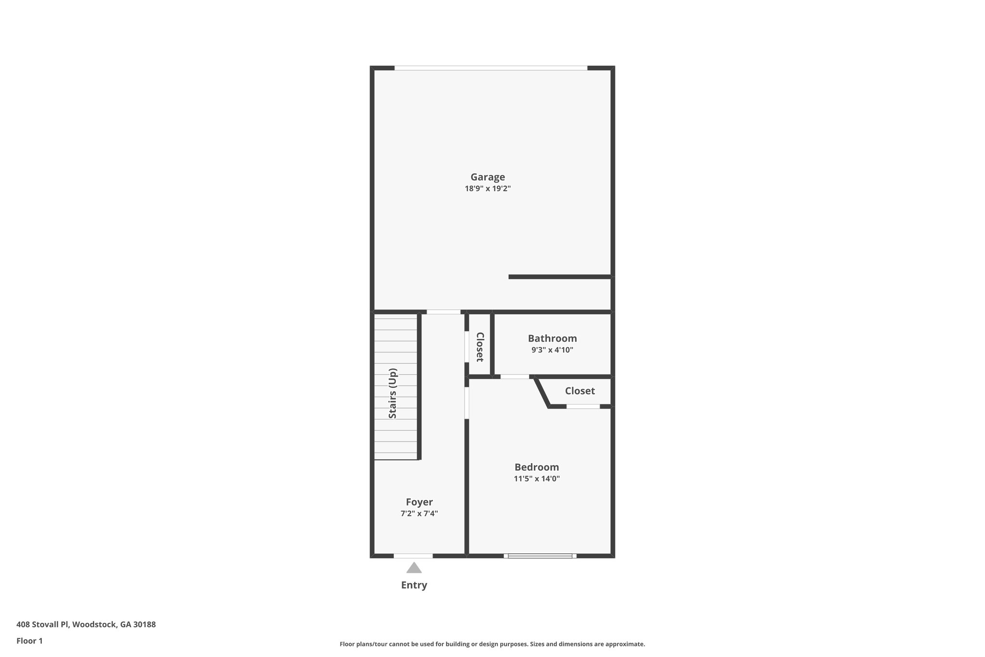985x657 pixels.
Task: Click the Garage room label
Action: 487,177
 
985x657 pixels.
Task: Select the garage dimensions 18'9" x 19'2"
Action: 487,189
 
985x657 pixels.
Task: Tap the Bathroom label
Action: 552,338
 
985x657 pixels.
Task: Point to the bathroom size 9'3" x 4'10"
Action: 552,350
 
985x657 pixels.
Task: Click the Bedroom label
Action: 536,467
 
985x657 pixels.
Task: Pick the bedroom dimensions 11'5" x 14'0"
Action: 536,478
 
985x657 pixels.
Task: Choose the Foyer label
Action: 419,502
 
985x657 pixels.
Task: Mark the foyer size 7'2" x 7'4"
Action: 419,514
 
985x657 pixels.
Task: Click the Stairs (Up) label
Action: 393,393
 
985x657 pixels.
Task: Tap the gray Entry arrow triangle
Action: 414,568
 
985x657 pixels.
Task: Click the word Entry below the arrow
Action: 414,585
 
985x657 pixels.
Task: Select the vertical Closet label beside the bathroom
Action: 480,347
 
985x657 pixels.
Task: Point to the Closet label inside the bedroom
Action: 580,391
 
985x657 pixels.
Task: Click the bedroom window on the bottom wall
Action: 540,556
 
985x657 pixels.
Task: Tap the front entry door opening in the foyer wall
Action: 413,556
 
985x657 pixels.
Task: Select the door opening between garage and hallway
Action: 443,312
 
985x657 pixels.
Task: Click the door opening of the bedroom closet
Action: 583,407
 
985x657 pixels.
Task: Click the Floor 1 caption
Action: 29,641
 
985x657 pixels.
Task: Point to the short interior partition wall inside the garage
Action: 559,277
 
